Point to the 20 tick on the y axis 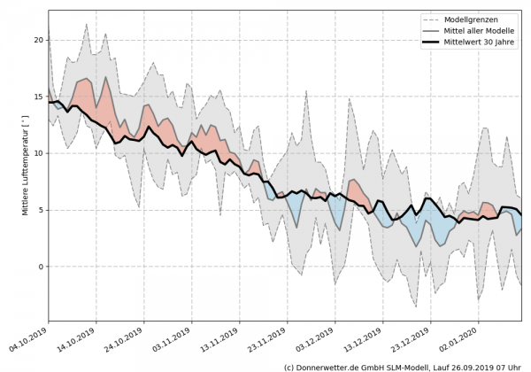37,40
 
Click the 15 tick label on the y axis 37,97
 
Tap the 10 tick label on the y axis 37,153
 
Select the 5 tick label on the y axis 40,210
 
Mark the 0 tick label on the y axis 40,267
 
